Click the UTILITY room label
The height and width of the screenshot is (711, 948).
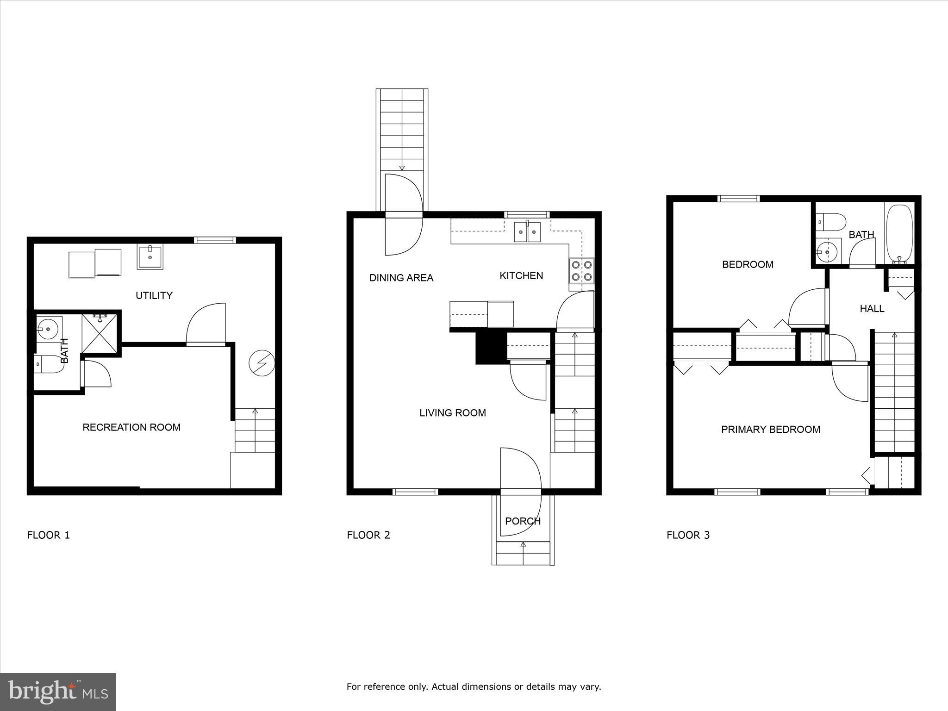[x=154, y=295]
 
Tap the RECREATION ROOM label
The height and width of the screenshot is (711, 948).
[x=131, y=427]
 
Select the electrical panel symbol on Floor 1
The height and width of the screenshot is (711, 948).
[x=262, y=363]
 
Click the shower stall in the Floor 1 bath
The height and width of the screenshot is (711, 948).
[x=100, y=330]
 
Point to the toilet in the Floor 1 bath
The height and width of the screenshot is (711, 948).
[x=48, y=364]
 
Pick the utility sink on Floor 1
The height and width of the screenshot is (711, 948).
[x=150, y=258]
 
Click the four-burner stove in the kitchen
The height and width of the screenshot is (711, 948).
[x=582, y=271]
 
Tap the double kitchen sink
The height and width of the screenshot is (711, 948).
[x=527, y=232]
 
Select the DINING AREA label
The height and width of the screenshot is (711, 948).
[x=401, y=278]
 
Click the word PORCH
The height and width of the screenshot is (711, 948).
[x=523, y=521]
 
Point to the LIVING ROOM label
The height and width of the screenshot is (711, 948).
[x=453, y=413]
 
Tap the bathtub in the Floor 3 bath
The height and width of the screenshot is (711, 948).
[x=899, y=234]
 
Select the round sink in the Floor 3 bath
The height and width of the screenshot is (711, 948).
[x=827, y=252]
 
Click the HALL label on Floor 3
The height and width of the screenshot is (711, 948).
[x=872, y=309]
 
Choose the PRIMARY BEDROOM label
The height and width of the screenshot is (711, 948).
[x=771, y=430]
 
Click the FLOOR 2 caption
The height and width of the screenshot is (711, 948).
[x=368, y=535]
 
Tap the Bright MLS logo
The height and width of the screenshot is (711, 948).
[x=58, y=692]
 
